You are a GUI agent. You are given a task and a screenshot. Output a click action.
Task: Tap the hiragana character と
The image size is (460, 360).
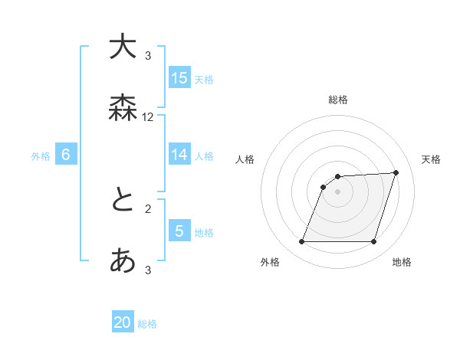tap(123, 201)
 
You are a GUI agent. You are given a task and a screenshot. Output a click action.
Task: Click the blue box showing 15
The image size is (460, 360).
tap(179, 77)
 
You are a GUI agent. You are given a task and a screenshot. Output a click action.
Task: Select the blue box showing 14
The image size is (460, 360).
tap(179, 155)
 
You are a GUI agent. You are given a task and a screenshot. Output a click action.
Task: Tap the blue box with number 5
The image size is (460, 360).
tap(179, 231)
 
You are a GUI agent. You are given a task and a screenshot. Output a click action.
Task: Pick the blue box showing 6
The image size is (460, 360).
tap(66, 155)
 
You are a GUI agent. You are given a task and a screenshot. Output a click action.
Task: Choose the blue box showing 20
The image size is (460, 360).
tap(123, 322)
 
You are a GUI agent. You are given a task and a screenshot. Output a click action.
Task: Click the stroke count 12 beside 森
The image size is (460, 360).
tap(148, 117)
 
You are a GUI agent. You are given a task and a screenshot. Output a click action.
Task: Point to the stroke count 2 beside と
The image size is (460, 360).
tap(148, 208)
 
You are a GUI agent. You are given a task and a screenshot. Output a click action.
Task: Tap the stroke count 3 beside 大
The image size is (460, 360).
tap(148, 55)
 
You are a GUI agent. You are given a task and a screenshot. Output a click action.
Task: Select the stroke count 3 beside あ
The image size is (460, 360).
tap(148, 270)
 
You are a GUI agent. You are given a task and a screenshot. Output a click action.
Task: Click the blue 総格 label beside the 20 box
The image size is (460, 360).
tap(147, 324)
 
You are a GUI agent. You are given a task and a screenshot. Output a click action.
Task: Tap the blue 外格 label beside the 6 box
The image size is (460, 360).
tap(41, 156)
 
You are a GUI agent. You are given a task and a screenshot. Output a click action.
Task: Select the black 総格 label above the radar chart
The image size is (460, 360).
tap(338, 100)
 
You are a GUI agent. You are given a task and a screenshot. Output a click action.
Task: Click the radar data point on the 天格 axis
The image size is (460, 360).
tap(396, 172)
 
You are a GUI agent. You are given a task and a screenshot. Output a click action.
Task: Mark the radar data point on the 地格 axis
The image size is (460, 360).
tap(374, 242)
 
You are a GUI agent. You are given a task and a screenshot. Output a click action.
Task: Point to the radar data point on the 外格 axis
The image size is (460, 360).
tap(301, 242)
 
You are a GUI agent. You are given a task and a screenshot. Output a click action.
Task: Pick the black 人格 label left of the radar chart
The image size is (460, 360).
tap(245, 159)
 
